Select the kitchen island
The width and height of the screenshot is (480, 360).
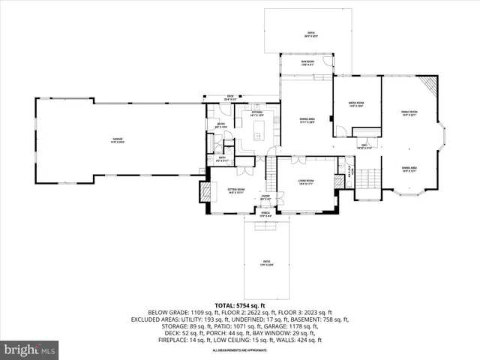pos(259,136)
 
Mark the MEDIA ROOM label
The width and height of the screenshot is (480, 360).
pos(355,104)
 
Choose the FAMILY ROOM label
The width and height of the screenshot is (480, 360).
pos(409,112)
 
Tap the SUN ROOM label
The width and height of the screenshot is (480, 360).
pos(307,62)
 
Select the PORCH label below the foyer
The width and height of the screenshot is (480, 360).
pos(265,214)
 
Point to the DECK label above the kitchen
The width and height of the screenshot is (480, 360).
pos(229,96)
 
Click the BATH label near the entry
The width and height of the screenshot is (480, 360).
pos(221,158)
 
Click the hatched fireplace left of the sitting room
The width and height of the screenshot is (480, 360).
pos(203,192)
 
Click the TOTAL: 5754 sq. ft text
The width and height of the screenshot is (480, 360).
pos(240,305)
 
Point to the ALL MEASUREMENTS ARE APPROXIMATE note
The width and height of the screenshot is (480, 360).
pos(240,350)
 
